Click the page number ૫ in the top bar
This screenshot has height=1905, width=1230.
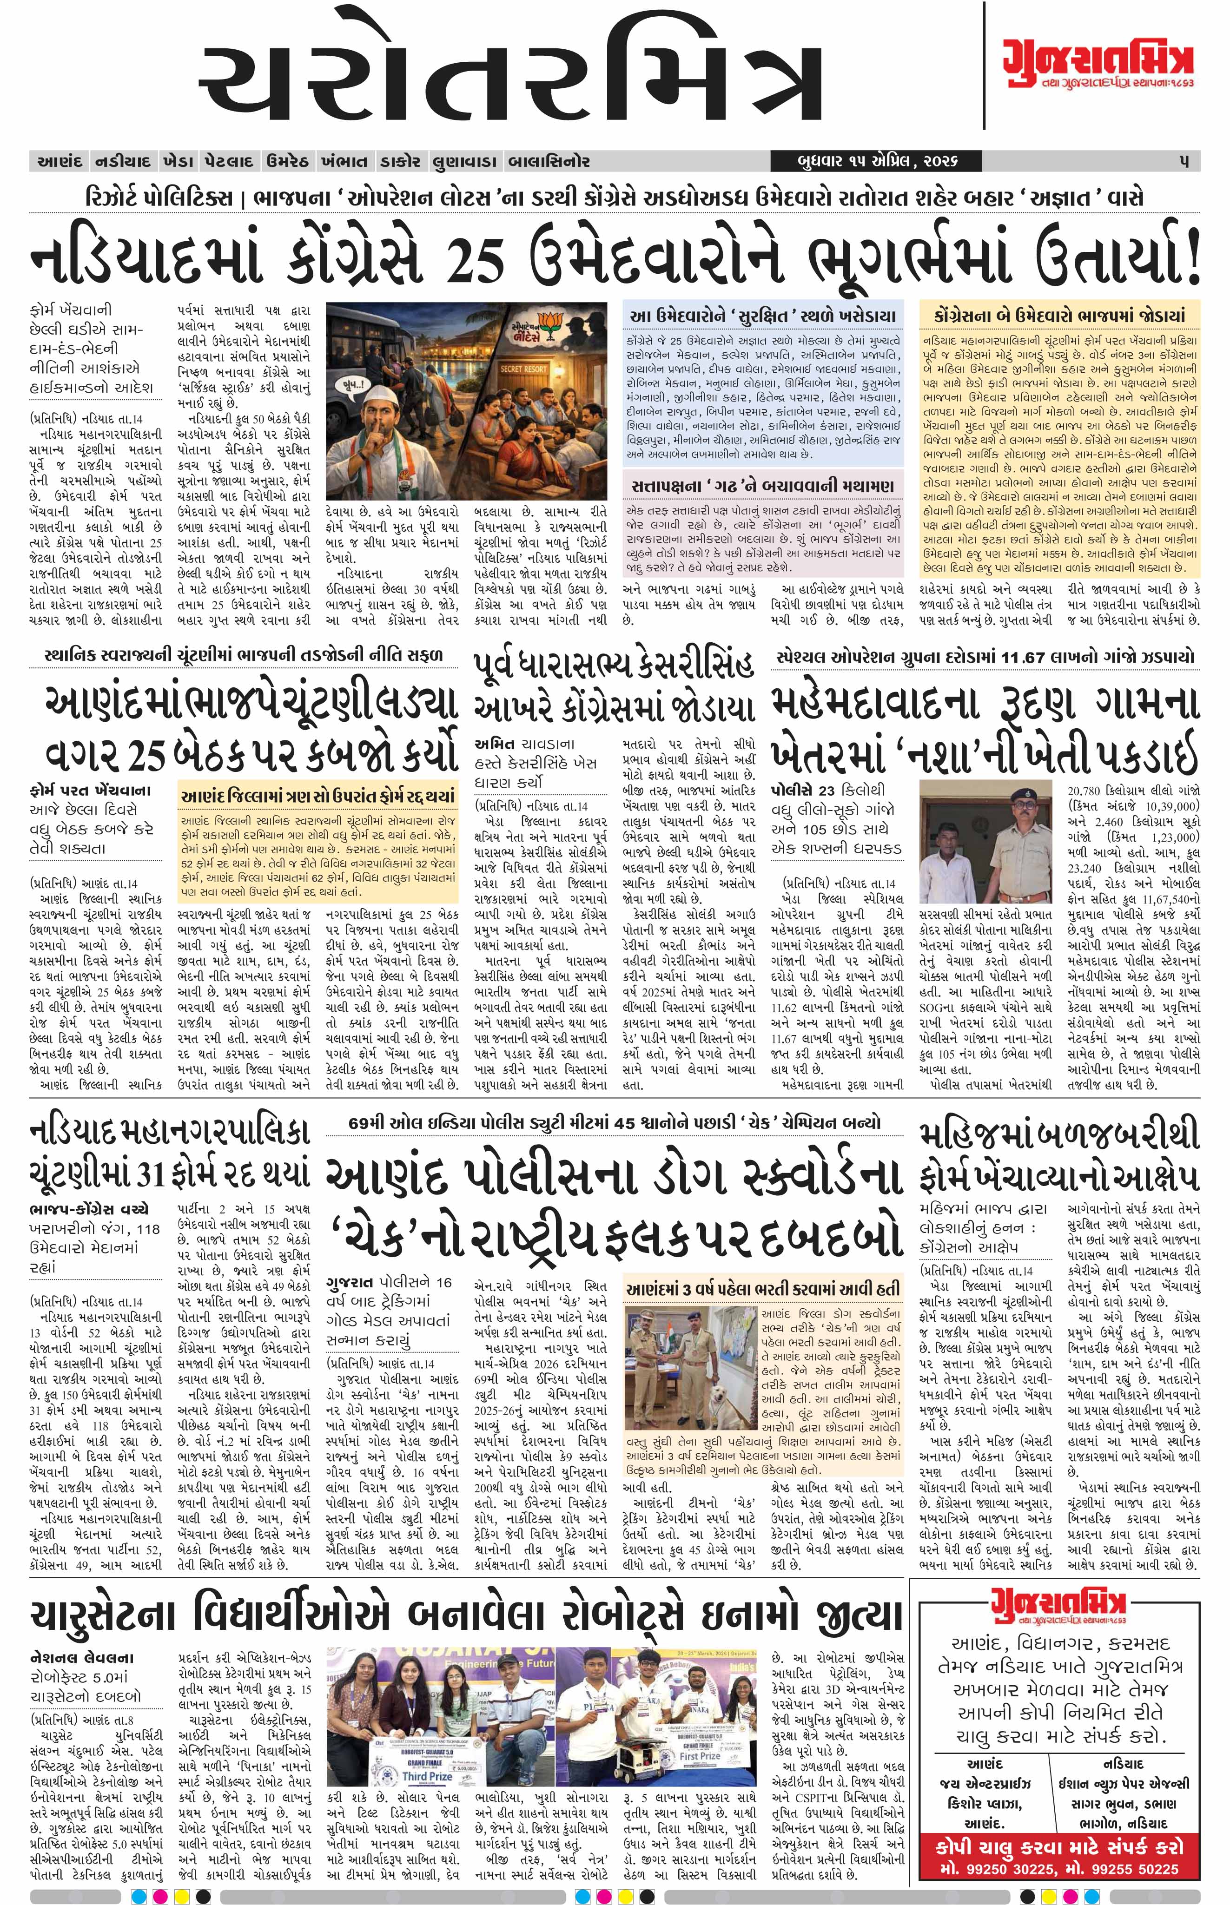coord(1184,161)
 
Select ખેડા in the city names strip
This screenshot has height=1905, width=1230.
coord(177,161)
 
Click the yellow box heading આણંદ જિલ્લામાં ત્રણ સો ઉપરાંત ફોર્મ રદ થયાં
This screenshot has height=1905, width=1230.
coord(318,796)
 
